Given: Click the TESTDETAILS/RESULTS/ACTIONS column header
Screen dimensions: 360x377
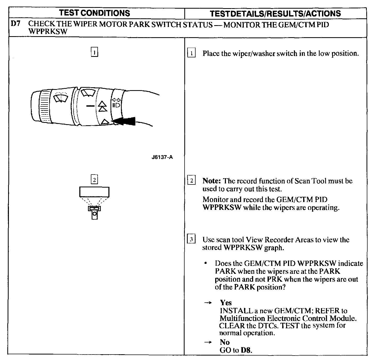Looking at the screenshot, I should click(x=275, y=13).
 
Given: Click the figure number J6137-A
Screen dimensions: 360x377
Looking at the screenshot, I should click(x=162, y=157).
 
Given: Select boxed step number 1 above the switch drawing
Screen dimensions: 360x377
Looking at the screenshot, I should click(x=94, y=52).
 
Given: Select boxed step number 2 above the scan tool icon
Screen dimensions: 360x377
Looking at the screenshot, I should click(x=94, y=180).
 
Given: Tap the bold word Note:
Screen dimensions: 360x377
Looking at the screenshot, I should click(x=212, y=181).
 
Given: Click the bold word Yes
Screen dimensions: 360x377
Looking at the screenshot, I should click(x=226, y=303).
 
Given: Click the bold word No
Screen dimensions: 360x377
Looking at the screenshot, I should click(x=225, y=342).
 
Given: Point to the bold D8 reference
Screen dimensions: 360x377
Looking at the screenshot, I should click(x=246, y=350).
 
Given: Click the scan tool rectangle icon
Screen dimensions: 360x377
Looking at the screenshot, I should click(x=94, y=192).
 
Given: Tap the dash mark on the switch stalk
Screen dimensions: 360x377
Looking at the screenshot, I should click(x=90, y=106).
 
